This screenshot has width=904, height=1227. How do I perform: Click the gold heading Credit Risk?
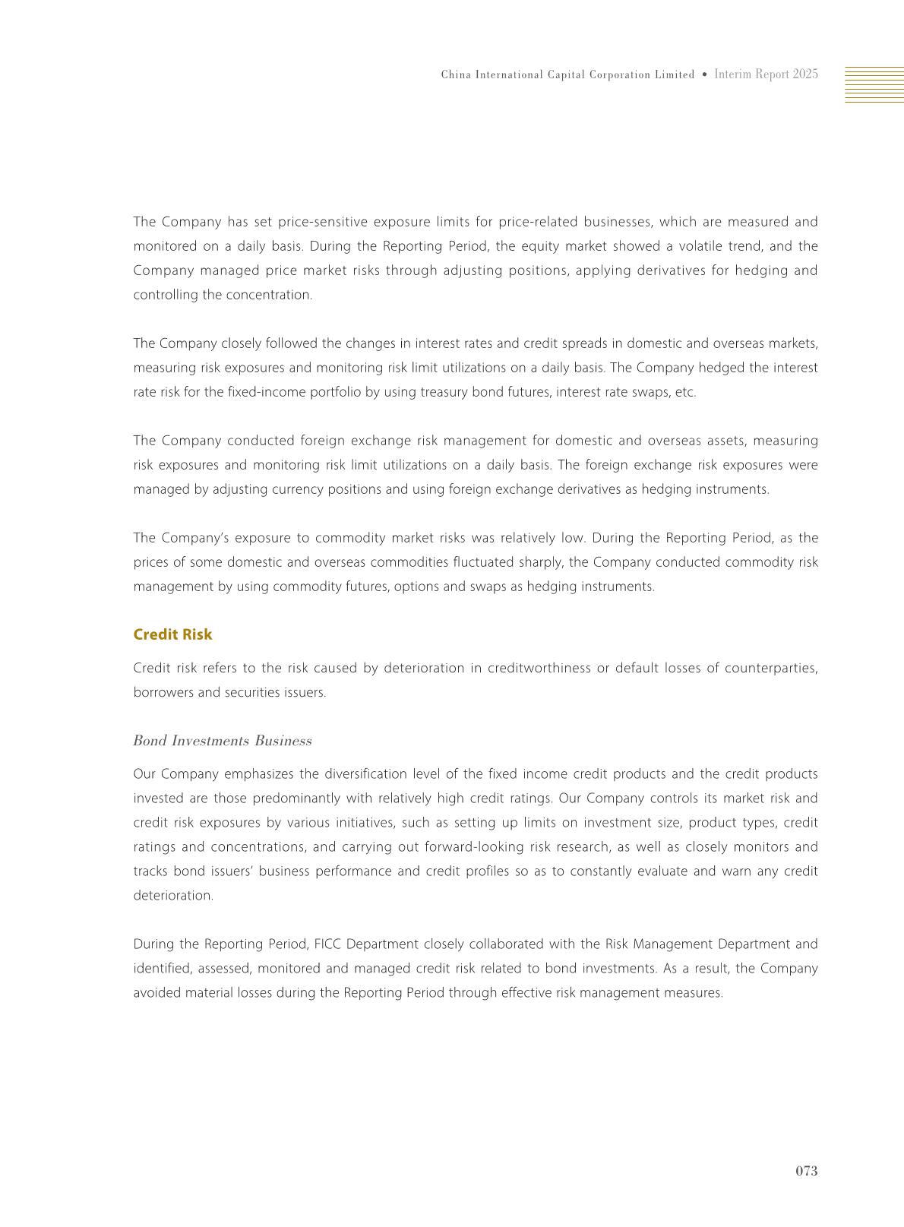pyautogui.click(x=172, y=634)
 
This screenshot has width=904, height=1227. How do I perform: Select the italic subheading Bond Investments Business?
pyautogui.click(x=222, y=741)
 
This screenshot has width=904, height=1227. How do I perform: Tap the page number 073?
pyautogui.click(x=806, y=1171)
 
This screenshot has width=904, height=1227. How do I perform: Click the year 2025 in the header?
pyautogui.click(x=805, y=74)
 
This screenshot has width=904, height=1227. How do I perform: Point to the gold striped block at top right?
pyautogui.click(x=874, y=84)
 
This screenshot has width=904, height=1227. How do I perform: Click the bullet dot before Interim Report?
pyautogui.click(x=705, y=74)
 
